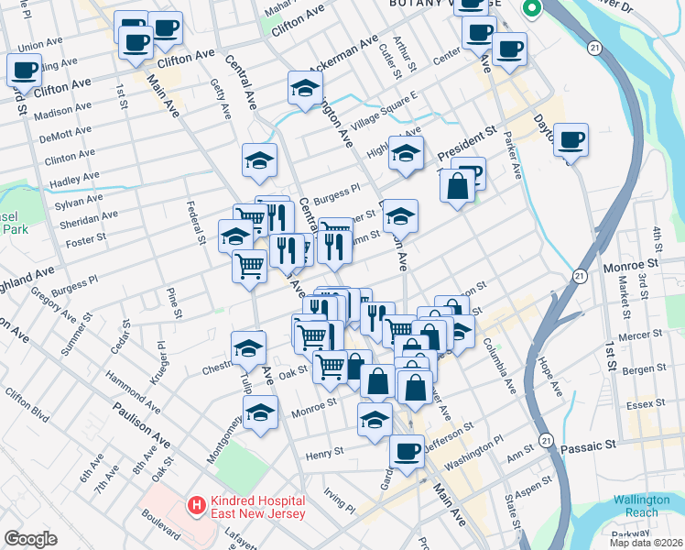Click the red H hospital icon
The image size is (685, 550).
coord(195,504)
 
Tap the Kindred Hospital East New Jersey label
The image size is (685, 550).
coord(255,510)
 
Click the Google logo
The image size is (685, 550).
coord(30,539)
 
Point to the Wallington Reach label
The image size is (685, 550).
coord(636,506)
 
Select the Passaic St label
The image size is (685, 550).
coord(614,445)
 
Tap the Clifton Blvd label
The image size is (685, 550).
coord(27,402)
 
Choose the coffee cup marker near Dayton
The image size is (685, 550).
coord(571,140)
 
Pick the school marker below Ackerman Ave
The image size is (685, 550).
coord(306,89)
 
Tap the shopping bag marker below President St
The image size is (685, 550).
coord(457,186)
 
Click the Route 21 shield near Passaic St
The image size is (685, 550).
coord(547,439)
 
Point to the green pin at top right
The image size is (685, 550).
coord(530,9)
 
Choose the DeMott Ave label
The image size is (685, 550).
coord(65,137)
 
